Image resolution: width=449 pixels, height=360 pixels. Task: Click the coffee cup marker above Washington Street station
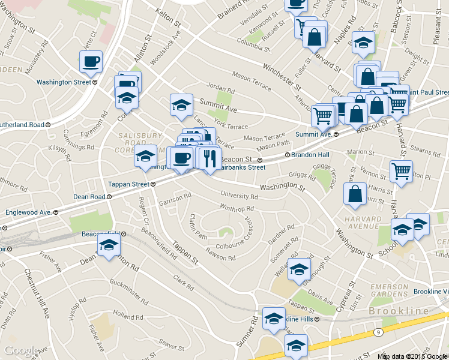point(91,61)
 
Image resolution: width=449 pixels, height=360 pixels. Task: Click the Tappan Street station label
point(128,184)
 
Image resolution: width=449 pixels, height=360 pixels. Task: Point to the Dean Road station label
point(89,197)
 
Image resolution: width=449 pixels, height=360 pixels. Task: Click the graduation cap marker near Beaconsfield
point(109,245)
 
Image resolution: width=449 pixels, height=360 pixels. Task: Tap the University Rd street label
point(239,196)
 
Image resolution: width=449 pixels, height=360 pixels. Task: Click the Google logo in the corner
point(21,350)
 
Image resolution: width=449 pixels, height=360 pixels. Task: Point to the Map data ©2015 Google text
point(412,356)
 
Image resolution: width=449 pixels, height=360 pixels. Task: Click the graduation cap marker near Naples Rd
point(364,43)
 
